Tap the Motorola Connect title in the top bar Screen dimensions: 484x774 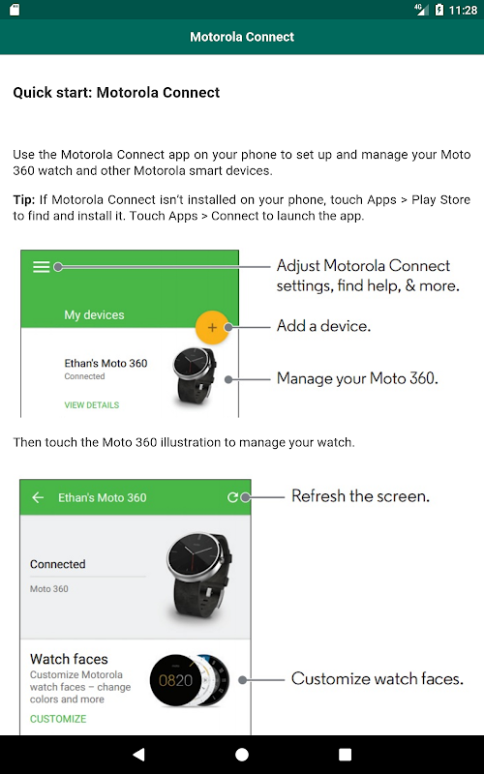[x=242, y=37]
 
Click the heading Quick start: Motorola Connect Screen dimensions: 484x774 [x=116, y=92]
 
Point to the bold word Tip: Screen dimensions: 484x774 [x=23, y=199]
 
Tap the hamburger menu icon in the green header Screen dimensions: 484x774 [x=41, y=267]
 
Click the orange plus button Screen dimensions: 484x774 [x=212, y=327]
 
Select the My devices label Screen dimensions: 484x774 [x=94, y=315]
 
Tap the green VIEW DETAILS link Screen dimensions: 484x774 [x=92, y=404]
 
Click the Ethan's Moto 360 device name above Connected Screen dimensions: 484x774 [x=106, y=364]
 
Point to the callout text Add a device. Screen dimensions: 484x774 [x=323, y=326]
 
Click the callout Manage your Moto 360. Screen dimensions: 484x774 [x=357, y=378]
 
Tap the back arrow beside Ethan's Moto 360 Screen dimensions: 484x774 [x=38, y=497]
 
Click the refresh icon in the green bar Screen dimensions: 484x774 [x=232, y=497]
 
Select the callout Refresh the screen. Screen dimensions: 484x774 [x=360, y=495]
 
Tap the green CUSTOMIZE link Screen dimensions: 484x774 [x=58, y=719]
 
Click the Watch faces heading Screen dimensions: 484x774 [x=69, y=659]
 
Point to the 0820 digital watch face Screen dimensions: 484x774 [x=175, y=681]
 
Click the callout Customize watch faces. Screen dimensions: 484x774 [x=378, y=679]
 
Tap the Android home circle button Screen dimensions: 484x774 [x=242, y=755]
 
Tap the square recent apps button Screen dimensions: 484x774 [x=346, y=755]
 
